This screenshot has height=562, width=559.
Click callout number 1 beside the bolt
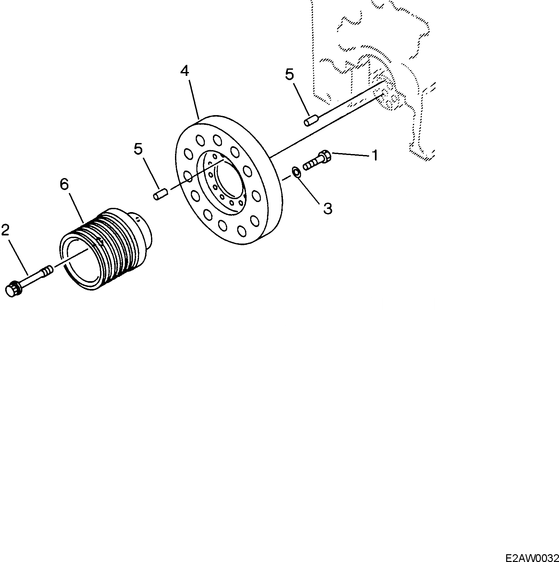click(x=375, y=155)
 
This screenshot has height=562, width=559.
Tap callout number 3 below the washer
click(x=328, y=209)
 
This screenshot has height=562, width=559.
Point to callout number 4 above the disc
click(x=185, y=70)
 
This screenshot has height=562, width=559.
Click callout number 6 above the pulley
click(x=64, y=184)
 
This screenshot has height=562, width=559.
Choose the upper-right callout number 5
click(x=289, y=75)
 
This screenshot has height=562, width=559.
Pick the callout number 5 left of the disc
click(x=138, y=149)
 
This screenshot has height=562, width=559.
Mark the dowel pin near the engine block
click(x=310, y=122)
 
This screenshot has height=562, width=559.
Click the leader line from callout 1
click(x=350, y=154)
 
